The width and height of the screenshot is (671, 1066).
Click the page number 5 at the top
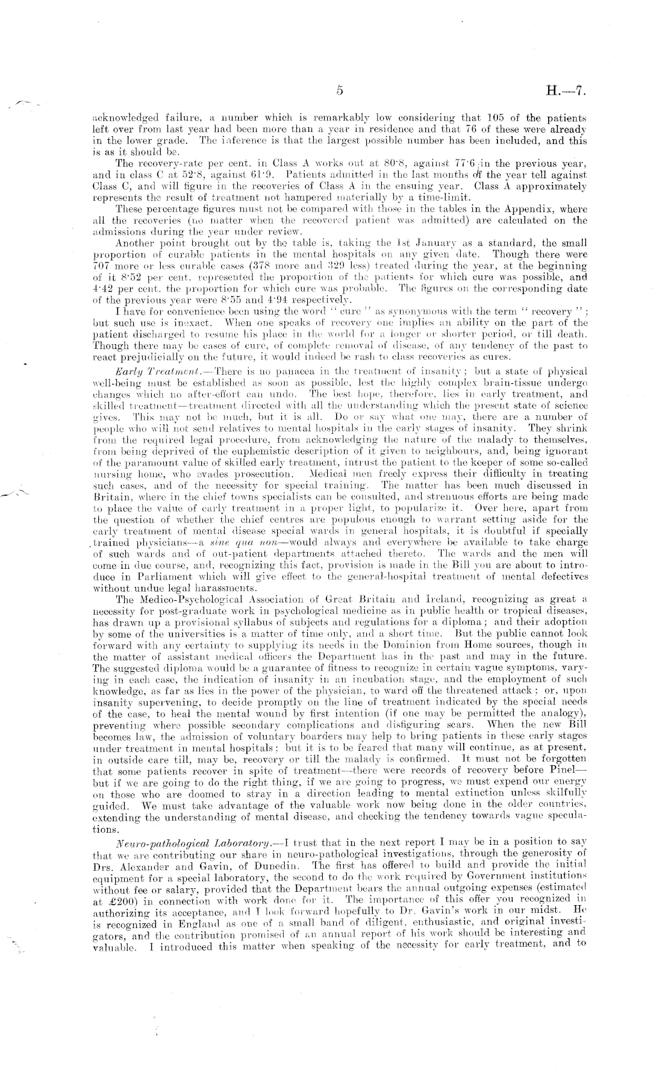(340, 91)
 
